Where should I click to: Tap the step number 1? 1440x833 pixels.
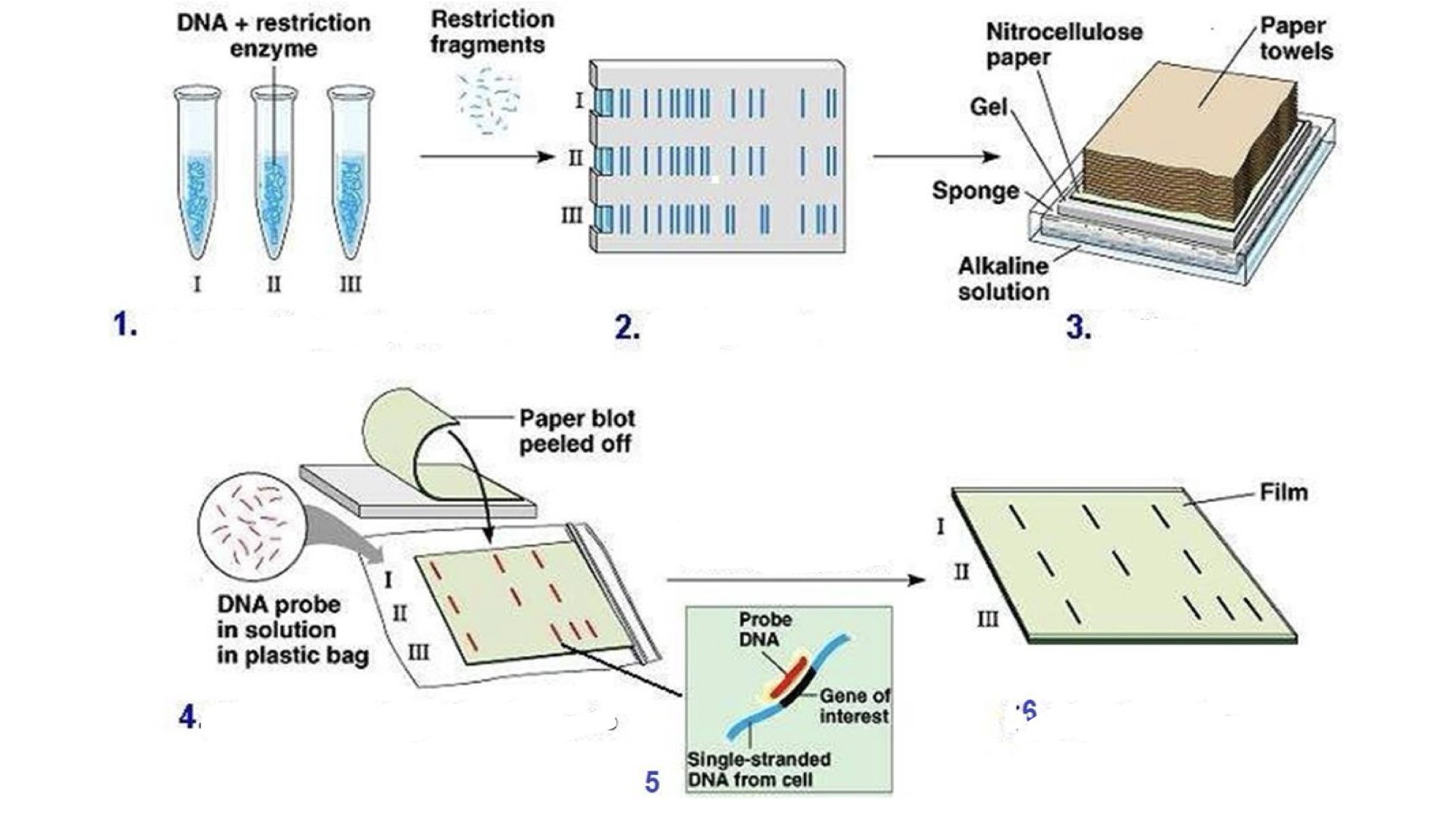pyautogui.click(x=125, y=324)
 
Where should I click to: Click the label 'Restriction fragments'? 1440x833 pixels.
pyautogui.click(x=491, y=32)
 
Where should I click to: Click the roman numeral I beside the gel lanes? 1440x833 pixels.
pyautogui.click(x=579, y=101)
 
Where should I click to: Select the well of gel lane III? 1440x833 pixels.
pyautogui.click(x=604, y=218)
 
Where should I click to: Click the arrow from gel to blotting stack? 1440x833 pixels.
pyautogui.click(x=935, y=156)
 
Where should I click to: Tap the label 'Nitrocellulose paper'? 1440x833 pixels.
pyautogui.click(x=1063, y=44)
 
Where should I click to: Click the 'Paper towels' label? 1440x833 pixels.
pyautogui.click(x=1295, y=38)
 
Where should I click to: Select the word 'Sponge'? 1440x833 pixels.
pyautogui.click(x=975, y=191)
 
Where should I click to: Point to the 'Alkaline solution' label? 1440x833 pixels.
pyautogui.click(x=1003, y=279)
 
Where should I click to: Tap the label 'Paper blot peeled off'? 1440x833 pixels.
pyautogui.click(x=577, y=431)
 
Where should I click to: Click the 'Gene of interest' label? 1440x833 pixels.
pyautogui.click(x=853, y=705)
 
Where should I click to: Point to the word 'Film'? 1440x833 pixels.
pyautogui.click(x=1283, y=492)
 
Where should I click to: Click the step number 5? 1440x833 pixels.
pyautogui.click(x=652, y=782)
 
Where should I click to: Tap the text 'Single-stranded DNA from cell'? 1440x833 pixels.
pyautogui.click(x=758, y=769)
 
